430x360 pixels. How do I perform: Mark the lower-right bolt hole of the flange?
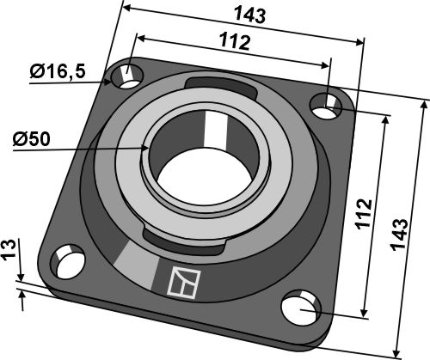tap(300, 305)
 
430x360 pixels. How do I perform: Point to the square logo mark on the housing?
tap(184, 281)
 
